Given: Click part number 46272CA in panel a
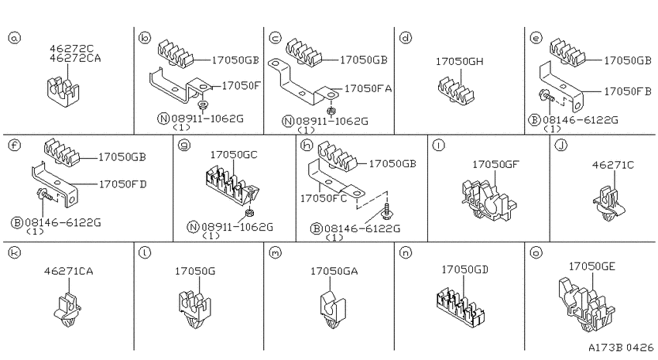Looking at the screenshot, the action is point(75,58).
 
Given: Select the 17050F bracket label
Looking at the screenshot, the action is point(241,86).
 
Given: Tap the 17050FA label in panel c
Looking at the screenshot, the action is point(368,88).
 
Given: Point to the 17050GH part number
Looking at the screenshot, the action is point(460,61).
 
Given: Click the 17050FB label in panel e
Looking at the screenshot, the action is point(628,91).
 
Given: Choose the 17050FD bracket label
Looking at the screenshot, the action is point(122,183).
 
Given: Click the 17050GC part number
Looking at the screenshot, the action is point(234,155).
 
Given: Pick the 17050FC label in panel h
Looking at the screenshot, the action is point(324,198).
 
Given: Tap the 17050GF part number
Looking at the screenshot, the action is point(495,164).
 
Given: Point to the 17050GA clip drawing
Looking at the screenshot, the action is point(333,310).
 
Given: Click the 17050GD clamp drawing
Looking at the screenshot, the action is point(461,307).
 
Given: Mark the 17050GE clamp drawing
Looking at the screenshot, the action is point(586,305).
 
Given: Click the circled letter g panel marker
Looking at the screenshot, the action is point(184,146).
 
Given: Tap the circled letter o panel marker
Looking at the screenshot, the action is point(536,252).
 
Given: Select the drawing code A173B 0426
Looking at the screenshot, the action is point(621,348).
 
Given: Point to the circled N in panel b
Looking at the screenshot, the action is point(163,118).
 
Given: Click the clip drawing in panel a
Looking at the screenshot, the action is point(63,91).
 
